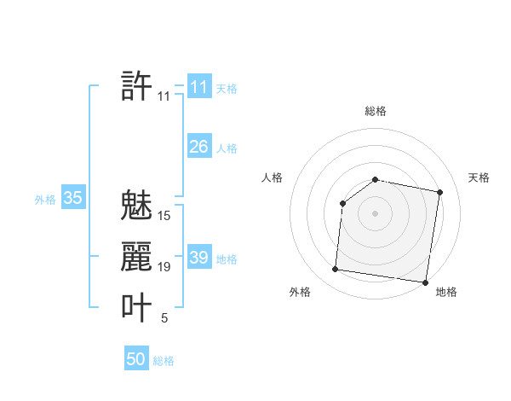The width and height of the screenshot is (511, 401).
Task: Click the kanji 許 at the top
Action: pyautogui.click(x=137, y=86)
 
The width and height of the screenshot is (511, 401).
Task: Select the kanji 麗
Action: pyautogui.click(x=137, y=257)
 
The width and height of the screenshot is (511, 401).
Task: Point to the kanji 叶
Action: pyautogui.click(x=137, y=307)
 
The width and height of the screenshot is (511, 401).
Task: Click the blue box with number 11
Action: pyautogui.click(x=198, y=87)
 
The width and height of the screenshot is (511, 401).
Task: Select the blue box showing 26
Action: pyautogui.click(x=198, y=147)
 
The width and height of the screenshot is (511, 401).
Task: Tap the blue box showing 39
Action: pyautogui.click(x=198, y=258)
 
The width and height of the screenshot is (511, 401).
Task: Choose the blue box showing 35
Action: pyautogui.click(x=73, y=199)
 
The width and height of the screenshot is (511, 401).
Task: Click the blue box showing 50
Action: pyautogui.click(x=136, y=359)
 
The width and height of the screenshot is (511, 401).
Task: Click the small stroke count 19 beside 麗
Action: pyautogui.click(x=164, y=268)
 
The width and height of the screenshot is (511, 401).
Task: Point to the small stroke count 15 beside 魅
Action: pyautogui.click(x=164, y=216)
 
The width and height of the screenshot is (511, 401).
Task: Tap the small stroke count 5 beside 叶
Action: pyautogui.click(x=164, y=319)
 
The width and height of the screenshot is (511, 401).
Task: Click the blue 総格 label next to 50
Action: pyautogui.click(x=164, y=361)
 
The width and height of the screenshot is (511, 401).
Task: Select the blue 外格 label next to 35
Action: pyautogui.click(x=45, y=200)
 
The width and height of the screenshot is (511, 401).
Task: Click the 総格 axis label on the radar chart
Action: pyautogui.click(x=376, y=111)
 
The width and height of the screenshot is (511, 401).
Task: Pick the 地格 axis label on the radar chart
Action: pyautogui.click(x=446, y=293)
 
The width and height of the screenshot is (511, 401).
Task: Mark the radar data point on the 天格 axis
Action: pyautogui.click(x=440, y=192)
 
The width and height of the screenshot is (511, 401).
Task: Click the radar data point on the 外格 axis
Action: pyautogui.click(x=335, y=270)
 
